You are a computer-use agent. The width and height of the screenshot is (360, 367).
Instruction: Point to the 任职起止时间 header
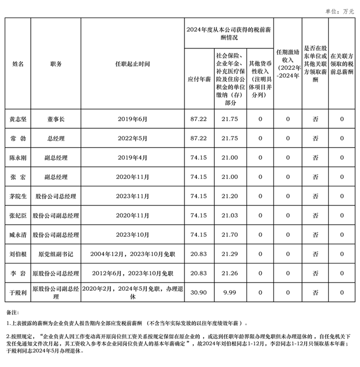click(133, 64)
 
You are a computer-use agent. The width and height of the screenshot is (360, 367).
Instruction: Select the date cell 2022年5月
click(133, 138)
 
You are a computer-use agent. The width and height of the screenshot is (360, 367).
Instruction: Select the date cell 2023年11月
click(133, 196)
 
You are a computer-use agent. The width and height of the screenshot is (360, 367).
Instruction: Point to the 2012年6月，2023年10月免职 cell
click(133, 273)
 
